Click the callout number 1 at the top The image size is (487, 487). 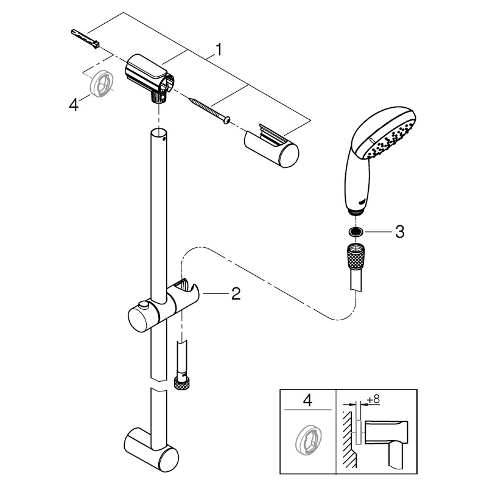click(x=219, y=50)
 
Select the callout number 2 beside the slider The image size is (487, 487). click(x=236, y=293)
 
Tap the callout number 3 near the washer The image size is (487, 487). click(x=400, y=232)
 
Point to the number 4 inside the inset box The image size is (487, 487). click(x=307, y=401)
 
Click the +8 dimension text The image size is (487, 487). click(x=373, y=399)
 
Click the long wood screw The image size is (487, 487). click(x=209, y=110)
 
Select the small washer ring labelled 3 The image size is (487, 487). click(x=354, y=231)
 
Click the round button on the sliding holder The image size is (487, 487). click(x=144, y=305)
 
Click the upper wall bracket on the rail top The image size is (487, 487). click(x=148, y=77)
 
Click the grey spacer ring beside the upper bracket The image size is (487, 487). click(x=101, y=83)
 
